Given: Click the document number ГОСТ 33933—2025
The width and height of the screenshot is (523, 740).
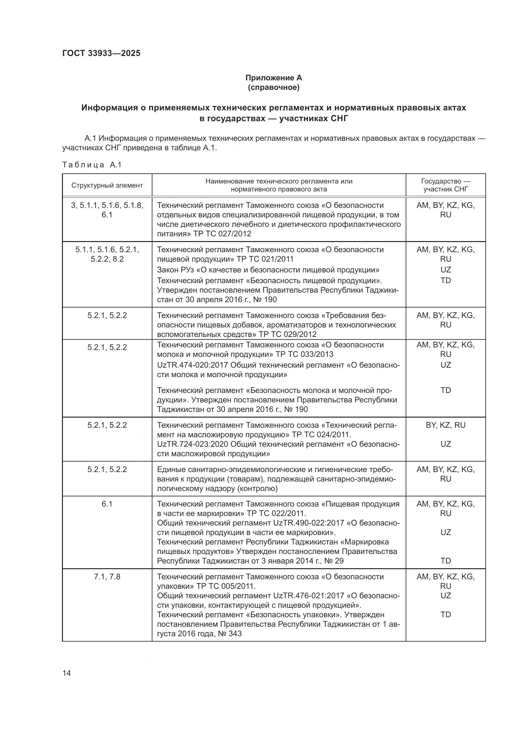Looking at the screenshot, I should coord(101,53).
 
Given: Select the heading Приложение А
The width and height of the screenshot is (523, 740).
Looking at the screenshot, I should coord(274,78).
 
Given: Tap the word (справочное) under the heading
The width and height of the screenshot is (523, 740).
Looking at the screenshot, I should coord(274,87).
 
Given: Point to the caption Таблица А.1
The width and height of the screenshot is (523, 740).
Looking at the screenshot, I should coord(92,165).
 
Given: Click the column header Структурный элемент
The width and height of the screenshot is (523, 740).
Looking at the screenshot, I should coord(107,185).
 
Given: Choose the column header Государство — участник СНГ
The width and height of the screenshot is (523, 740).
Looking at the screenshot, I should coord(446,185).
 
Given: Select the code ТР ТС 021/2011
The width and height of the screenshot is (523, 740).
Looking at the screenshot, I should coord(265,259).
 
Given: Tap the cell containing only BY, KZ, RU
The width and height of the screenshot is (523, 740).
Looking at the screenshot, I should coord(446,425).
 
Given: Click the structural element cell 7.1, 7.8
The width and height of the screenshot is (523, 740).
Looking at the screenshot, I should coord(107,577).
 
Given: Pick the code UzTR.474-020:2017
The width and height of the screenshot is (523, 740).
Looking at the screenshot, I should coord(192,365).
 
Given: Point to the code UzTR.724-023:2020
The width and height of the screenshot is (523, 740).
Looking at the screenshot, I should coord(192,444).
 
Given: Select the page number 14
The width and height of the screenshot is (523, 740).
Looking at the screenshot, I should coord(67,673).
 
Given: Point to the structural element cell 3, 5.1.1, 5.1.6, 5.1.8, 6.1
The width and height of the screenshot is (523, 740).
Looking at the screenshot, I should coord(107,210).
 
